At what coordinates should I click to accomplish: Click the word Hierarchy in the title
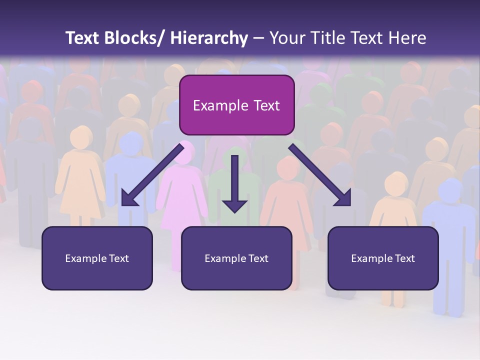coord(209,38)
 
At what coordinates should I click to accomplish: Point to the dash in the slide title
coord(258,39)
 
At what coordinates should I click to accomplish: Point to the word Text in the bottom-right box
coord(404,258)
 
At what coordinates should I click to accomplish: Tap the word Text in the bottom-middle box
coord(257,258)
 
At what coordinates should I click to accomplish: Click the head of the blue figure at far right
coord(450,190)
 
